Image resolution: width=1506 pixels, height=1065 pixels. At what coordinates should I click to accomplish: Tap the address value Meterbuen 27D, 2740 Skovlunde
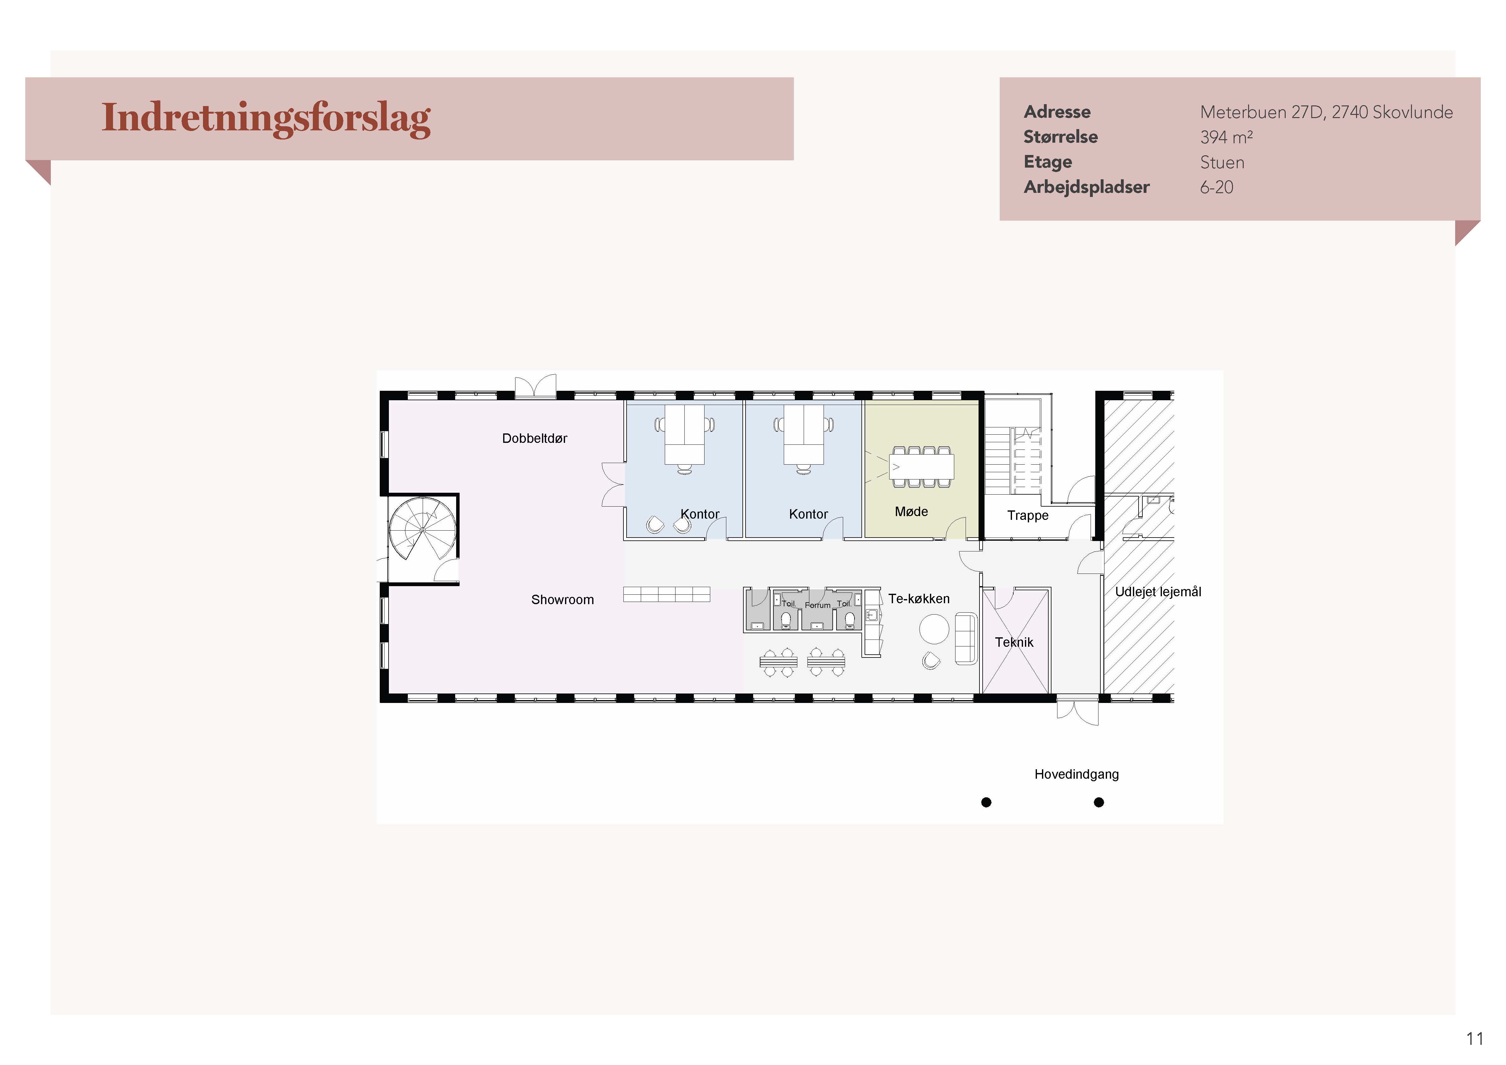1326,112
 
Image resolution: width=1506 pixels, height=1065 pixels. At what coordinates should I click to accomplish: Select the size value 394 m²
1226,137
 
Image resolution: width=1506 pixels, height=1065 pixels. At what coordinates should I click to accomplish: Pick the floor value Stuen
1222,162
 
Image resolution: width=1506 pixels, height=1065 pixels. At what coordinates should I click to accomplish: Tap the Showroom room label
562,599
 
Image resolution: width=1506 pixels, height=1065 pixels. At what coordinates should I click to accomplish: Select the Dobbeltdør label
535,438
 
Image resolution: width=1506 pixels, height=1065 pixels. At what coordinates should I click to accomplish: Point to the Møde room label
911,512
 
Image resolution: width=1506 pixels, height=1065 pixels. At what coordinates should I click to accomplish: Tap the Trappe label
1028,515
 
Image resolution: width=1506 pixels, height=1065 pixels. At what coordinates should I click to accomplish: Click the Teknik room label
1014,642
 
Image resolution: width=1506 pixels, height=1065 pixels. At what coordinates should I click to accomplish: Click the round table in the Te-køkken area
934,629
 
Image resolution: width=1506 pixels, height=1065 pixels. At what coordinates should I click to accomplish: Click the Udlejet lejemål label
1158,592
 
